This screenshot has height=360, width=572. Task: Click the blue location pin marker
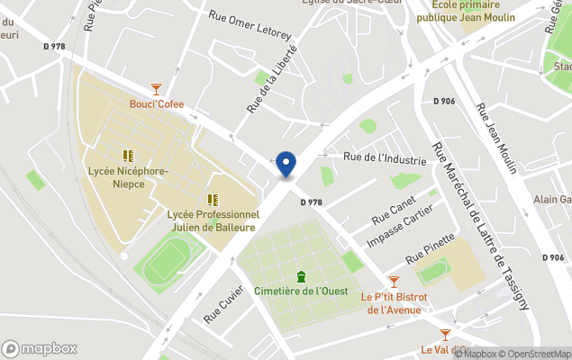286,164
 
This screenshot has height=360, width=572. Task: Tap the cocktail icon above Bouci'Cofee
157,89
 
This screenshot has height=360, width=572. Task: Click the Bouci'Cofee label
156,104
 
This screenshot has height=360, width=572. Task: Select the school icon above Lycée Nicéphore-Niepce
128,155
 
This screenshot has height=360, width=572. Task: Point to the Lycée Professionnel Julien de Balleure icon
213,200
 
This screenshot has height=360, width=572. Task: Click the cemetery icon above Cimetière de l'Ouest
301,275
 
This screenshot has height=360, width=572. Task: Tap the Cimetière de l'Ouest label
302,291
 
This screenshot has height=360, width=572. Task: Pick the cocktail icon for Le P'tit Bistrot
393,282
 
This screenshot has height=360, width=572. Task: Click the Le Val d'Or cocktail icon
445,335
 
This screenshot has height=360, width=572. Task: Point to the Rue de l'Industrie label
385,158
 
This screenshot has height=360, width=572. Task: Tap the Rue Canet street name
395,213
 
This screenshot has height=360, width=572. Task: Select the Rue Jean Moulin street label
496,139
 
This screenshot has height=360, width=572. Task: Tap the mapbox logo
40,348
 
